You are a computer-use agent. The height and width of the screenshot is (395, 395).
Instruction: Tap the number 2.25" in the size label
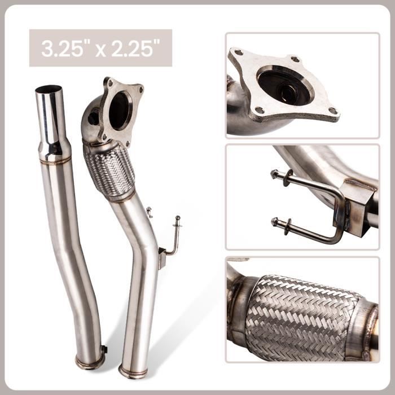(134, 49)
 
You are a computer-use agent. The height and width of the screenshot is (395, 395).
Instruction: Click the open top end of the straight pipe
(49, 90)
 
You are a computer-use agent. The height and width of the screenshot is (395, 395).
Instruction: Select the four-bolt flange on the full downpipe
(120, 109)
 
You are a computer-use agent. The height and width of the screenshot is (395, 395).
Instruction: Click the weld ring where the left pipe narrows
(55, 161)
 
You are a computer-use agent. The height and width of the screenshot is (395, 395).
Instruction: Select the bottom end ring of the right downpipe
(133, 371)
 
